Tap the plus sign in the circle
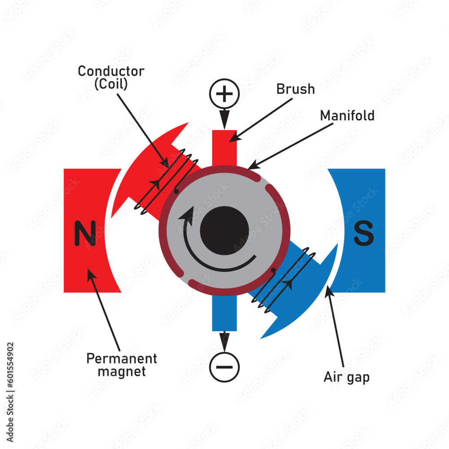point(224,94)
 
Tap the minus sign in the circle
point(224,367)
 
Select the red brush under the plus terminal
point(224,148)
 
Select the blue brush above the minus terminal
point(224,314)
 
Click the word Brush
point(295,89)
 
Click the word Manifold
point(347,116)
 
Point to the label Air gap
point(347,377)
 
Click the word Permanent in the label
point(122,359)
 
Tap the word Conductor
point(111,71)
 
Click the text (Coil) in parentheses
point(111,84)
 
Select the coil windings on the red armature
point(166,180)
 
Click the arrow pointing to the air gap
point(336,328)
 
